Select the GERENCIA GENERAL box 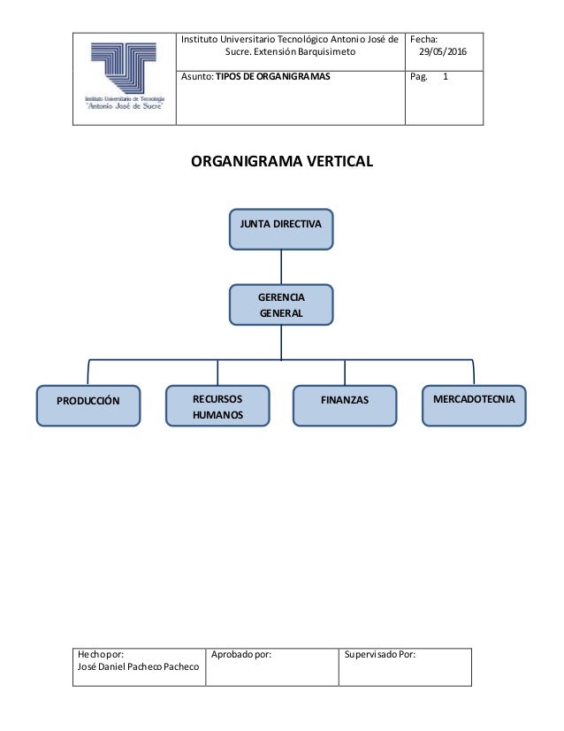[x=281, y=304]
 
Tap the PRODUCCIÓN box [x=88, y=404]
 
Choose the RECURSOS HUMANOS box [x=217, y=405]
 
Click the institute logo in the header [x=125, y=78]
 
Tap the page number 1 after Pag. [x=446, y=77]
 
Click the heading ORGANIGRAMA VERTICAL [x=282, y=162]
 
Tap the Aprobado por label [x=241, y=655]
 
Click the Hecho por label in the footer [x=100, y=655]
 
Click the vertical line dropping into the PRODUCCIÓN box [x=88, y=373]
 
